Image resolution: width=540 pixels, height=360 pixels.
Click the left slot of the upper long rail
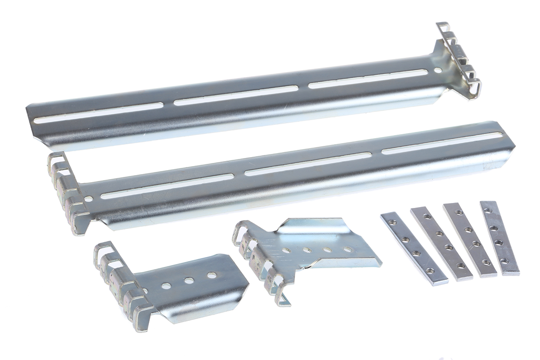coord(99,113)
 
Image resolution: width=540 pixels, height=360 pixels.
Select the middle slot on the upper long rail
coord(236,95)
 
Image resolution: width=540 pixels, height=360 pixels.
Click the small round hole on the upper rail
coord(438,70)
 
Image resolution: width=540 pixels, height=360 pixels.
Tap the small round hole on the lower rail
coord(88,198)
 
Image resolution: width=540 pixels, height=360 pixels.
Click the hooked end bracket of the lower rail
coord(65,191)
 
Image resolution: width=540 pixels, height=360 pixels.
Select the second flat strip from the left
coord(441,243)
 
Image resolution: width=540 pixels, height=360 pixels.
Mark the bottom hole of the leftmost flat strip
coord(430,271)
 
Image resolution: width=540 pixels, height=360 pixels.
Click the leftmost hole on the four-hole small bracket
coord(286,251)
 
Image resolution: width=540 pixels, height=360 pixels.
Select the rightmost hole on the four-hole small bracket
coord(347,249)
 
